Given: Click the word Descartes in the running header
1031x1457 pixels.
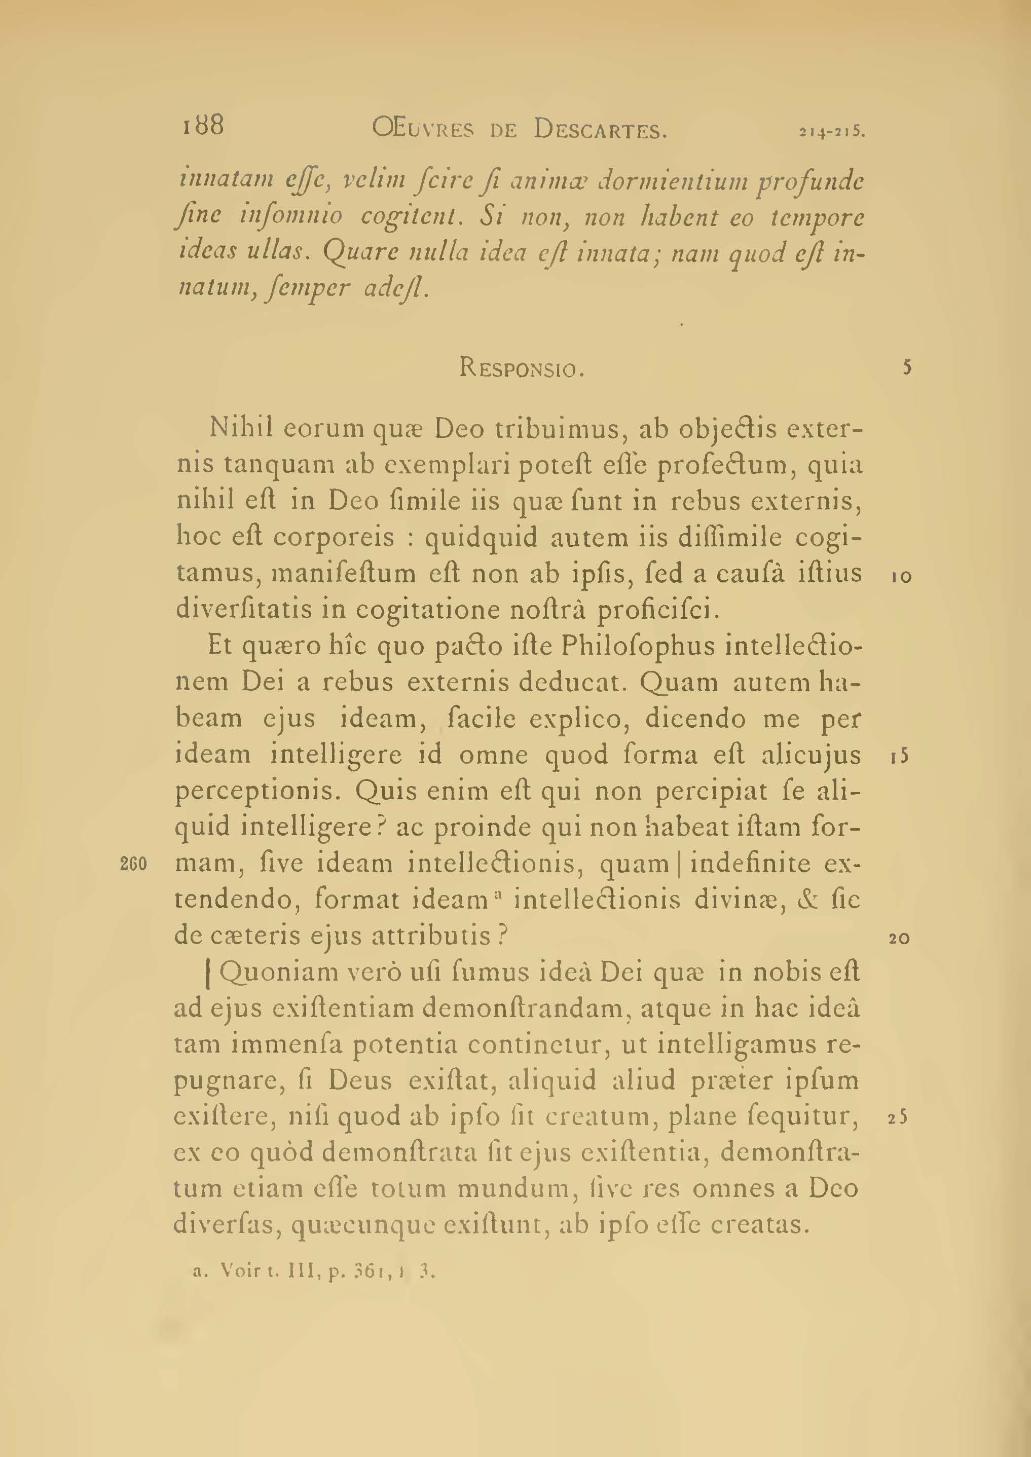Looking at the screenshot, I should pos(600,130).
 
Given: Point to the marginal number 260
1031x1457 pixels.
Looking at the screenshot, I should pos(133,864).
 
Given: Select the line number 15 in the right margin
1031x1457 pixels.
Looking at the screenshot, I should pos(900,757).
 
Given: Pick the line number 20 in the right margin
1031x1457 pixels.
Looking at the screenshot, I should pos(900,939).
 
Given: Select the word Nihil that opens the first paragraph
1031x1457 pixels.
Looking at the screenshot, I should pos(241,428).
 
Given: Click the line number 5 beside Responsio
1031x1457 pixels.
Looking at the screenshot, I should pos(907,367).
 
